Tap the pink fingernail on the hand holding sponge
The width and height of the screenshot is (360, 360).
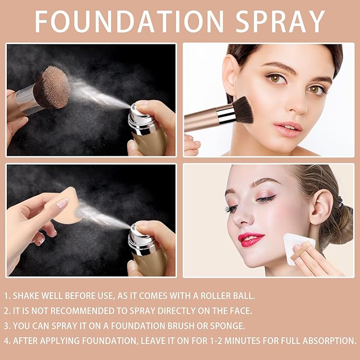tap(62, 203)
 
